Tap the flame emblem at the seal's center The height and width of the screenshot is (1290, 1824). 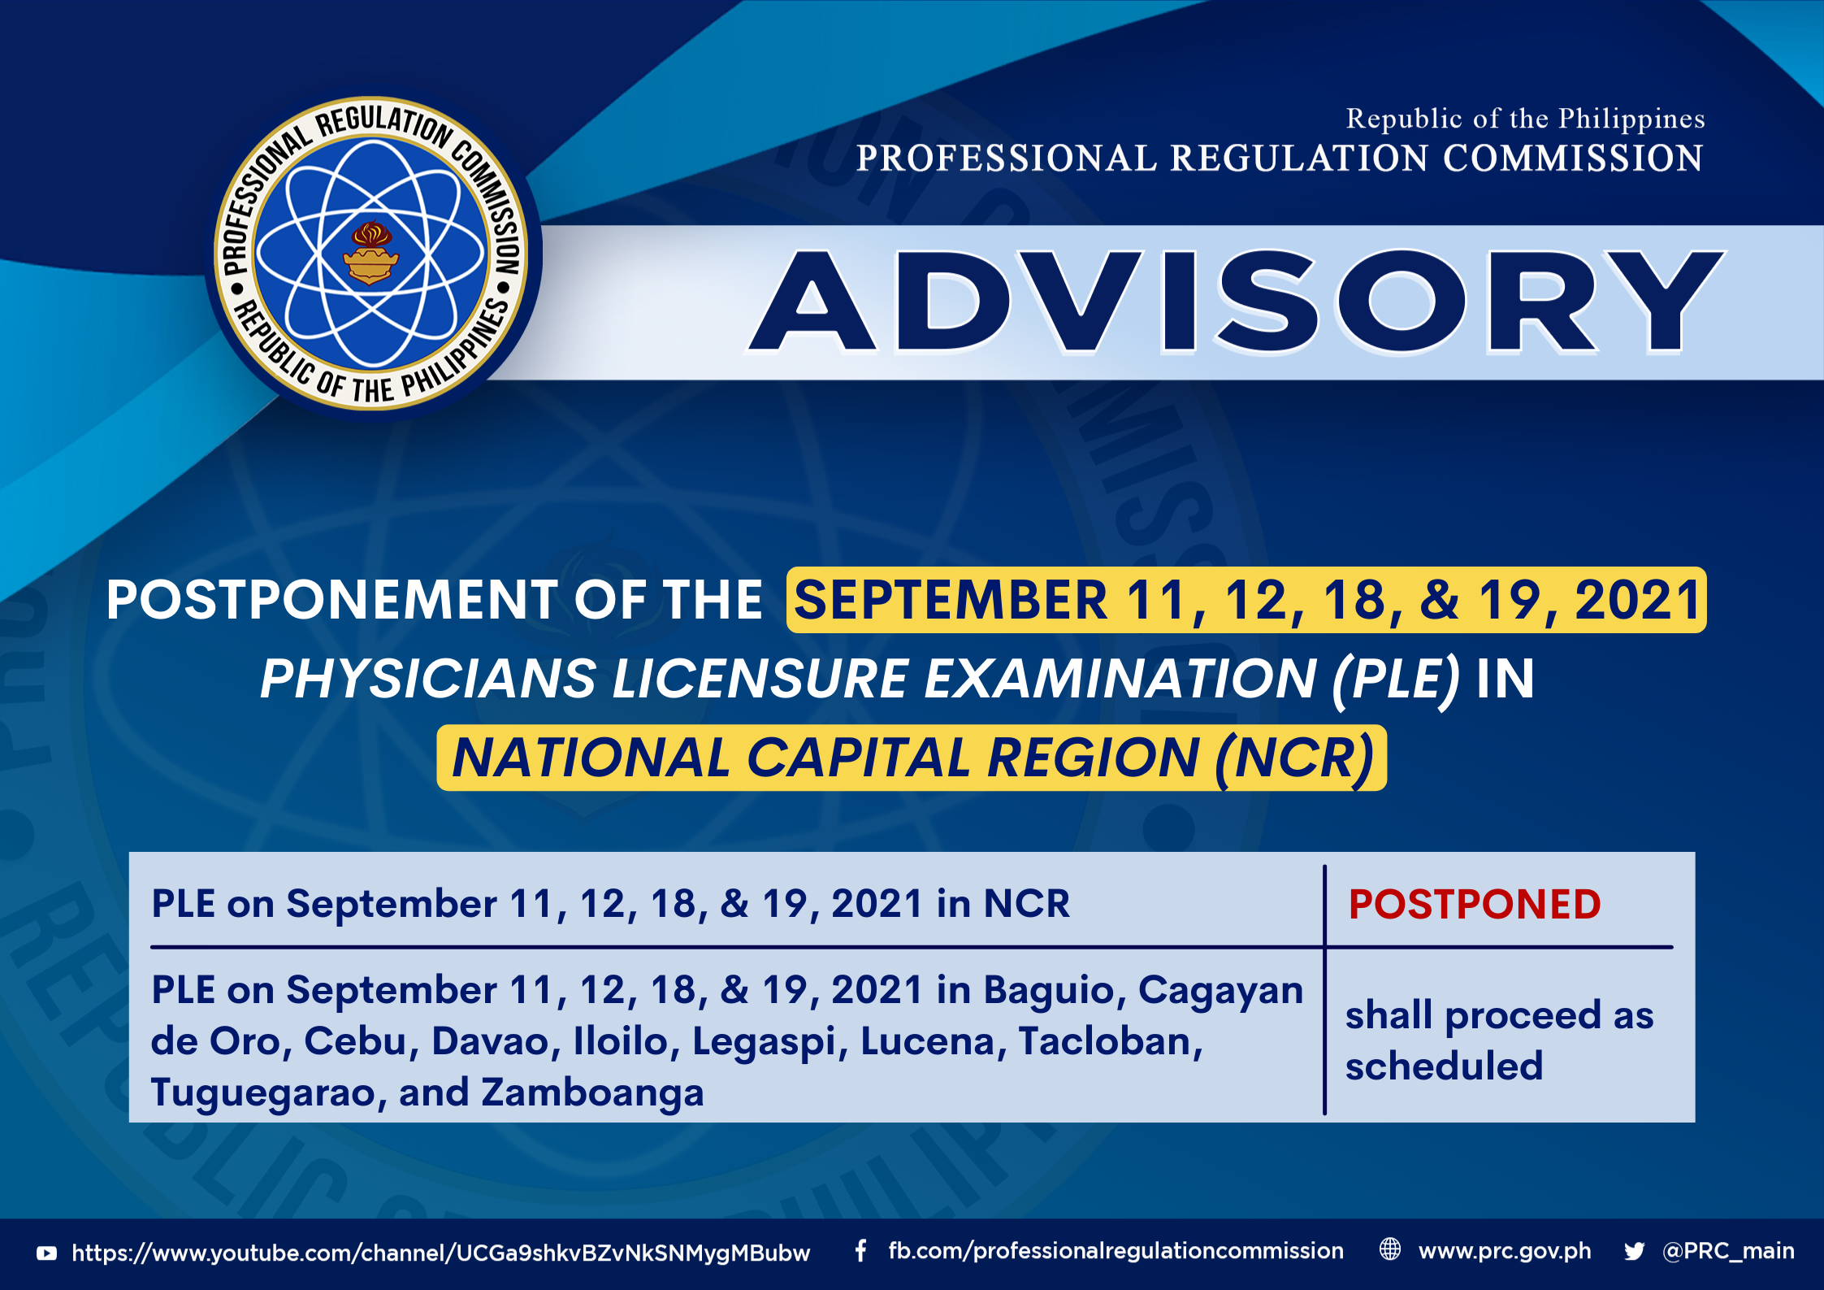coord(371,253)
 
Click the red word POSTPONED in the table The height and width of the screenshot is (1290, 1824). coord(1475,904)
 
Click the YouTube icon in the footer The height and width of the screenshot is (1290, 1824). coord(47,1253)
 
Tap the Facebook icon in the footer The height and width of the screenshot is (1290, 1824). coord(860,1251)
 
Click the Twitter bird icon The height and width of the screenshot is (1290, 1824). coord(1634,1252)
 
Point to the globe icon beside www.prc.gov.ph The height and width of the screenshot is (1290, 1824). coord(1390,1249)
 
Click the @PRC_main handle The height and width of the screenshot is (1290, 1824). coord(1728,1251)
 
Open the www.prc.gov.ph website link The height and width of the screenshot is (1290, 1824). coord(1505,1252)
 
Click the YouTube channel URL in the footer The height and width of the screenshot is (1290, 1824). coord(440,1253)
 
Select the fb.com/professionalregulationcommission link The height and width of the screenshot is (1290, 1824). coord(1116,1252)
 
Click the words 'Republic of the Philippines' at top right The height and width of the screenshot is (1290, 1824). coord(1525,119)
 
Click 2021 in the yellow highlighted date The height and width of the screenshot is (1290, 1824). coord(1636,600)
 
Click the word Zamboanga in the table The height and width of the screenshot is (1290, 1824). coord(592,1091)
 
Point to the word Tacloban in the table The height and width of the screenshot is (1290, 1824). coord(1110,1041)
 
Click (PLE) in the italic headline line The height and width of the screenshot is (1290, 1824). coord(1395,680)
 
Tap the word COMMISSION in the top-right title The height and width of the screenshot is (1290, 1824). coord(1573,158)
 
